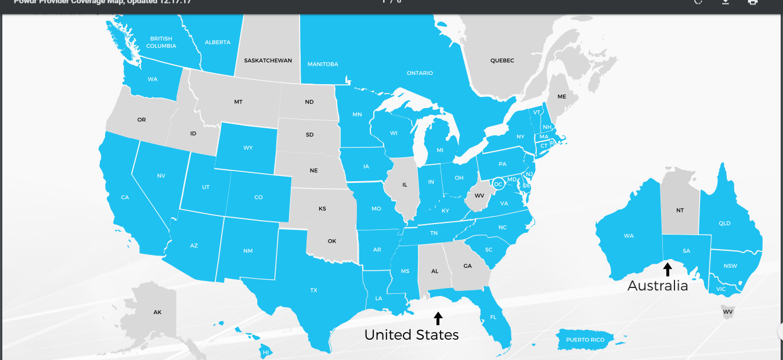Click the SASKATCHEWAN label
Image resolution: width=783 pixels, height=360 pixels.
(268, 60)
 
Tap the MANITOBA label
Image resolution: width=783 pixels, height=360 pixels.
(323, 64)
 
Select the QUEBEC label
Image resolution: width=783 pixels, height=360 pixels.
(502, 60)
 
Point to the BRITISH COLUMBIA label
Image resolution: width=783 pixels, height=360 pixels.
(161, 42)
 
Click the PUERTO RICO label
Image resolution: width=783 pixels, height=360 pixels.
(585, 340)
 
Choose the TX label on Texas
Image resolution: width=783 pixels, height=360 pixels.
(314, 290)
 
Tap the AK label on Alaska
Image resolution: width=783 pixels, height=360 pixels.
(157, 312)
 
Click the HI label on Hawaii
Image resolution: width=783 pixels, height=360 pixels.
(266, 352)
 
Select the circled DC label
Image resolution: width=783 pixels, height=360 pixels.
(498, 184)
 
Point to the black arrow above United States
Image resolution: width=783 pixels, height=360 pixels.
(438, 318)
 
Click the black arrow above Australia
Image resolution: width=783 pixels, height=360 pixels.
(667, 269)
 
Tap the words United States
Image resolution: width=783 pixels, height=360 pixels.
(412, 335)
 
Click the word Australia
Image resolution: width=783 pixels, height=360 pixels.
(658, 286)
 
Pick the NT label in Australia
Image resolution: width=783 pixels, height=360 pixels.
(680, 210)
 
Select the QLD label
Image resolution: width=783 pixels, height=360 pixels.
(724, 224)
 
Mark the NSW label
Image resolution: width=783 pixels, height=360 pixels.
(731, 266)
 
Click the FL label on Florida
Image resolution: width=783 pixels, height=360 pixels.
(493, 318)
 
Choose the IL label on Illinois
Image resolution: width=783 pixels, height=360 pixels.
(405, 185)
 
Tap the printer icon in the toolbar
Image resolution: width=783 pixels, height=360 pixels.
(753, 2)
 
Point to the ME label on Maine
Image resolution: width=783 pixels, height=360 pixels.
(562, 97)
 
